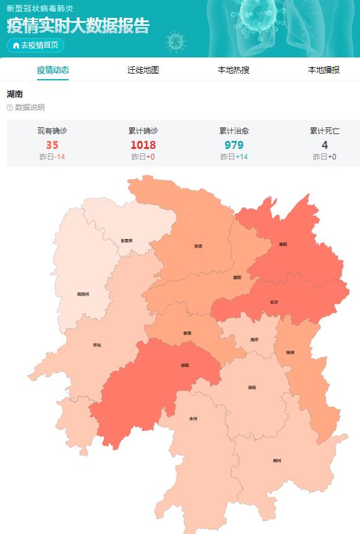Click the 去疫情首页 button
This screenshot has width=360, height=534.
point(35,45)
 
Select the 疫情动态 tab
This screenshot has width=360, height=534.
point(53,70)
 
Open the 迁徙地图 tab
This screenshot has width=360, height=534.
point(143,70)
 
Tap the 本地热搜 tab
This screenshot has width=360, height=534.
point(233,70)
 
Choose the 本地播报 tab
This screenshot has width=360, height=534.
point(324,70)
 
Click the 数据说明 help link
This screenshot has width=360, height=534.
point(26,108)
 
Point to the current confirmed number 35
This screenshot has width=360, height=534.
point(52,145)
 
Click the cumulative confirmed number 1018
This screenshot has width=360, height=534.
point(143,145)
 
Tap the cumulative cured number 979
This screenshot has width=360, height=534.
point(234,145)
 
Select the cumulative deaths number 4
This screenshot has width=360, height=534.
point(324,145)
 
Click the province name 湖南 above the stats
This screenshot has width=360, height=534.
point(15,94)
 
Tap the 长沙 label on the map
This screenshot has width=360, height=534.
point(274,302)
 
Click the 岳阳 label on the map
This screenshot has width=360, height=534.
point(283,244)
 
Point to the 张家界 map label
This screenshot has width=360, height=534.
point(127,240)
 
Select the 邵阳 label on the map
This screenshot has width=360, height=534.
point(185,365)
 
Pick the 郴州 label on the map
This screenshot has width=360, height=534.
point(277,460)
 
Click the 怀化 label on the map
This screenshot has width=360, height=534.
point(96,345)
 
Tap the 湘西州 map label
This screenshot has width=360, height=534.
point(83,294)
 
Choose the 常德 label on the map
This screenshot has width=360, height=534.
point(198,246)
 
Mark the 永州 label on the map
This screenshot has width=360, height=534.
point(193,418)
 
